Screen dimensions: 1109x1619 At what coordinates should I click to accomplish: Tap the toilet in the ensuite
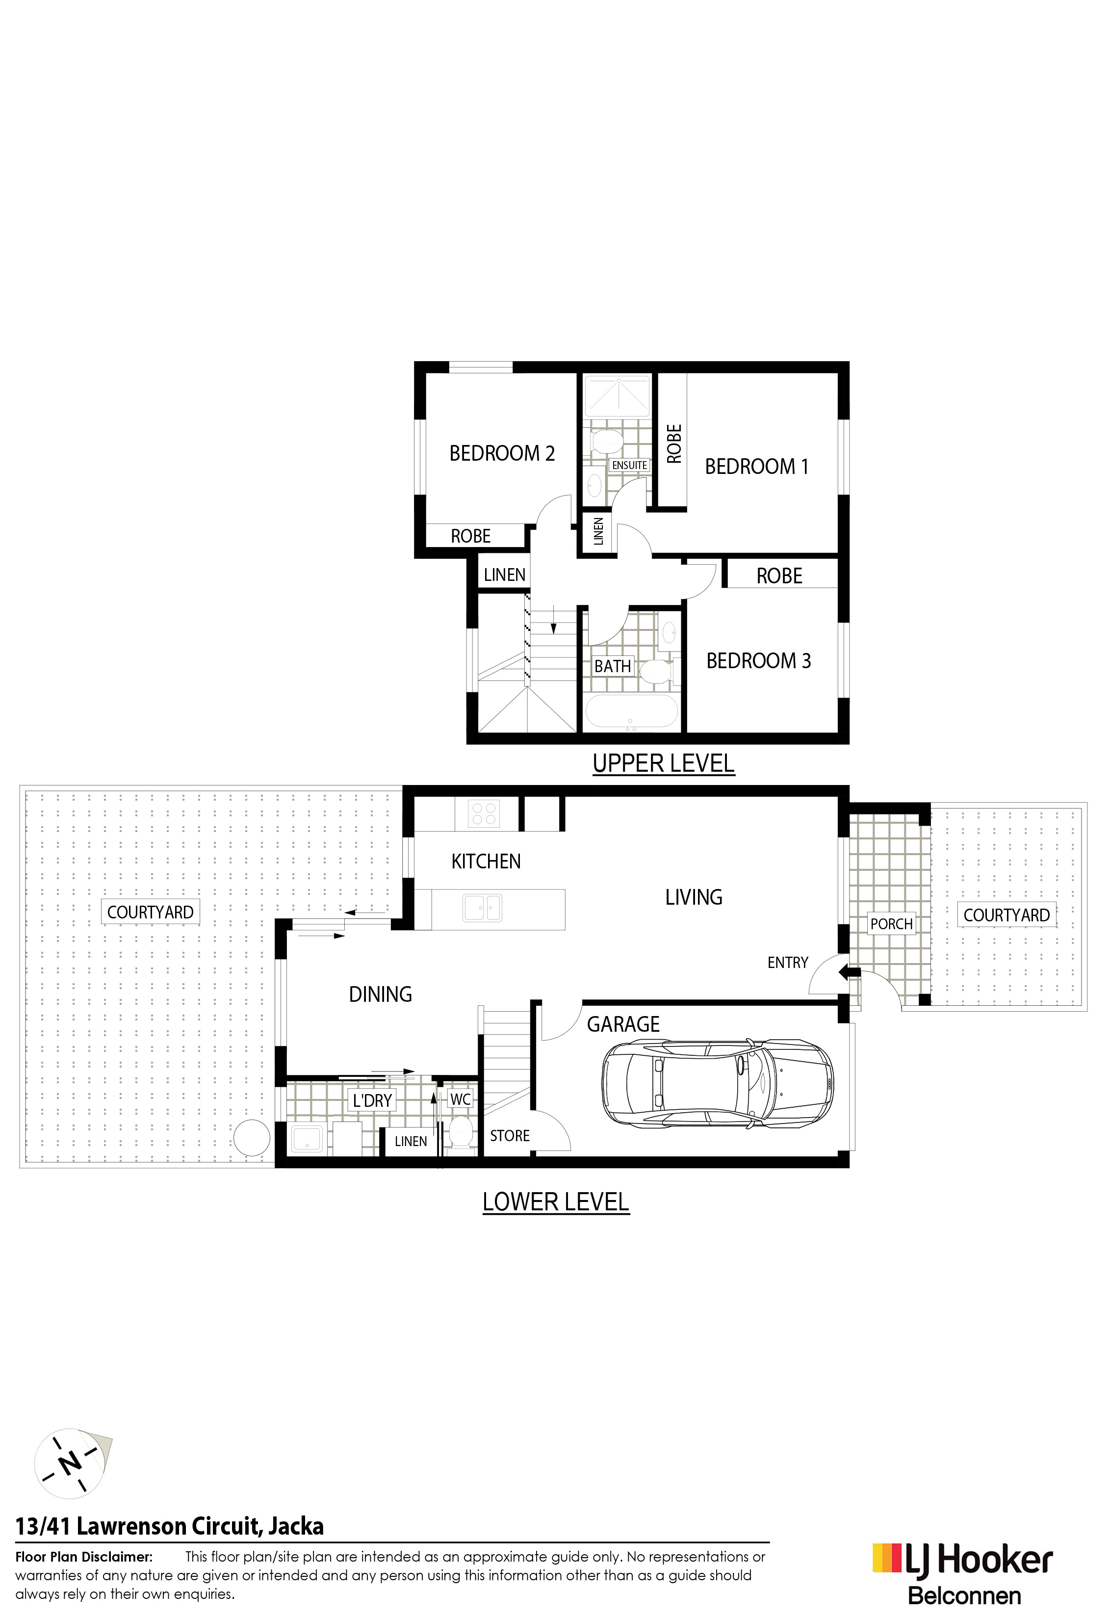point(603,441)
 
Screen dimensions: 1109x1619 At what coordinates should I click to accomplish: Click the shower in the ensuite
point(617,396)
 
